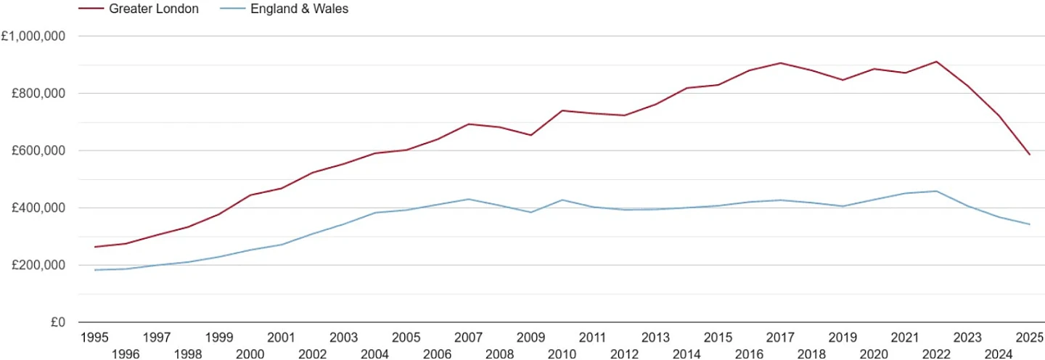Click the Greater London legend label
(x=154, y=9)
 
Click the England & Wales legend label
(x=299, y=9)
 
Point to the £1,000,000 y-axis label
(x=33, y=36)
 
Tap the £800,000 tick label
(x=38, y=93)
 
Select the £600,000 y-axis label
(x=38, y=151)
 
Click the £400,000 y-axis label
(x=38, y=208)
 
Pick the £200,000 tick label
(x=38, y=266)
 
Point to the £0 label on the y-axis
(x=58, y=322)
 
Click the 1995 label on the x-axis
(x=94, y=337)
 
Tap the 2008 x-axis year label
(x=499, y=354)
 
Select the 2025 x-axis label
(x=1030, y=337)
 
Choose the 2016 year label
(x=749, y=354)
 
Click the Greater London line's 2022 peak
(x=936, y=62)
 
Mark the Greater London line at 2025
(x=1030, y=155)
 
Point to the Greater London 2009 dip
(x=531, y=135)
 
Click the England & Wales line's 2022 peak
(x=936, y=191)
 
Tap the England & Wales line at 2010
(x=562, y=200)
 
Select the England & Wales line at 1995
(x=94, y=270)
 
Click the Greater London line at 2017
(x=781, y=63)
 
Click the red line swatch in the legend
(x=91, y=9)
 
